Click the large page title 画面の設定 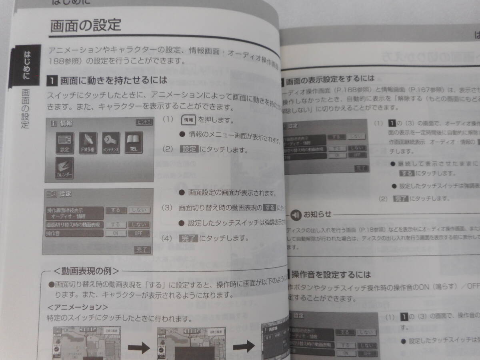[86, 26]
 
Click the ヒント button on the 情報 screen [145, 122]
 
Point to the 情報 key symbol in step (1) [188, 120]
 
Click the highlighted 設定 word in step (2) [190, 149]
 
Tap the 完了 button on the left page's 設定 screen [142, 250]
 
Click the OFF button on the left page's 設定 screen [139, 233]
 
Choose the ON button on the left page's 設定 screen [116, 233]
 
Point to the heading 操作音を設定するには [331, 275]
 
